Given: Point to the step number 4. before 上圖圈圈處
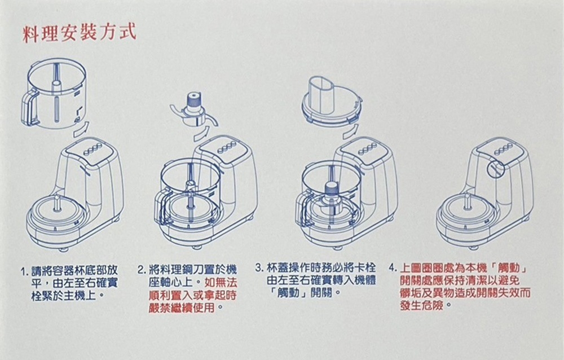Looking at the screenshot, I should click(x=393, y=267).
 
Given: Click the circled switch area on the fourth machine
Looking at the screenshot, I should click(x=494, y=167).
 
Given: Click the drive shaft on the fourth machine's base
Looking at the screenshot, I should click(x=466, y=201).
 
